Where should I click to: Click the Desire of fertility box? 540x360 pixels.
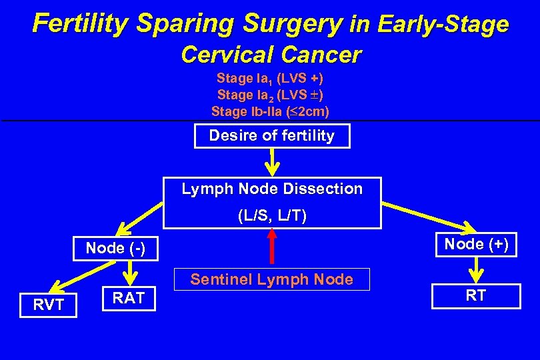point(271,136)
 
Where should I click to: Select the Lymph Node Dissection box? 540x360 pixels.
point(272,202)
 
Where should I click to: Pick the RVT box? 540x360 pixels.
point(49,305)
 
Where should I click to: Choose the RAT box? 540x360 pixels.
point(129,298)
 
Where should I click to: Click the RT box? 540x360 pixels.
point(475,296)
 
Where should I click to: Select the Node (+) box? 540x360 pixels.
point(476,245)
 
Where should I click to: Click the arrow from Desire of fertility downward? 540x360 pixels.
point(272,161)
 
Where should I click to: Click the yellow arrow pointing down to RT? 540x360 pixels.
point(476,269)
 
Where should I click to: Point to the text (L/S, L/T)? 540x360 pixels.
point(272,216)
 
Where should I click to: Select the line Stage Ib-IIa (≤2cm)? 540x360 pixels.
point(270,111)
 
